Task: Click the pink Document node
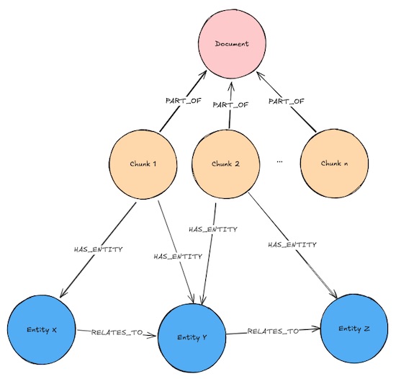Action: tap(232, 44)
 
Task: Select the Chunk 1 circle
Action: tap(143, 165)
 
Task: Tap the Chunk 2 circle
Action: tap(225, 164)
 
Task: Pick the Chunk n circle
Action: tap(334, 164)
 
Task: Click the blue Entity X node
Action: tap(42, 330)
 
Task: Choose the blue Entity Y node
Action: tap(192, 337)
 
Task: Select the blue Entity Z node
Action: tap(354, 329)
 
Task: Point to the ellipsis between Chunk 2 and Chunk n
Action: tap(279, 161)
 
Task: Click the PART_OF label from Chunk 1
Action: tap(184, 101)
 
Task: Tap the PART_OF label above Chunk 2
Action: tap(230, 105)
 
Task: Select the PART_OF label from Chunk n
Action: tap(286, 102)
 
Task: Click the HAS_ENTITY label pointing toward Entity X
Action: tap(98, 249)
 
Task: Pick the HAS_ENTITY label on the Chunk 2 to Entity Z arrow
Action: tap(292, 244)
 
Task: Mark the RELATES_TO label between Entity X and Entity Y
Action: tap(117, 332)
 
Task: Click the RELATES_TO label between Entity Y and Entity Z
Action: tap(273, 331)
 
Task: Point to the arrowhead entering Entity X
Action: tap(63, 293)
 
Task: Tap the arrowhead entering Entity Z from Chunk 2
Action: tap(334, 295)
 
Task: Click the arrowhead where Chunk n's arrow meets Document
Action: tap(260, 75)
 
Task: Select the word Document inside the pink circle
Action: tap(232, 44)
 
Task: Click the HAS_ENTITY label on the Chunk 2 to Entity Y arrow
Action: tap(213, 229)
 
